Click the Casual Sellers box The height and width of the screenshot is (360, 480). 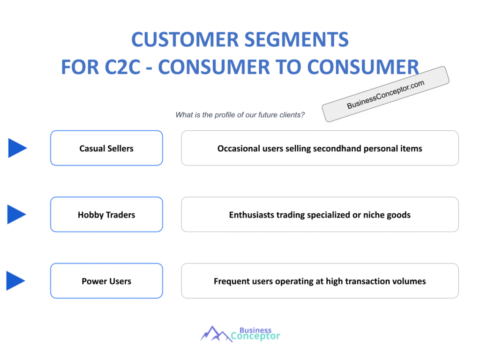pos(106,148)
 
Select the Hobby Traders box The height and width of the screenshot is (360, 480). pos(106,215)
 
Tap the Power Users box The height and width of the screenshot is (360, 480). pos(106,281)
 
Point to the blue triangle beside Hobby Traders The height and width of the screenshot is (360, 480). pos(16,214)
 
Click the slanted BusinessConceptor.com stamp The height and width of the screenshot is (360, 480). pos(385,94)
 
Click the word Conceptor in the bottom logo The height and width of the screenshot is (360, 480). pos(256,336)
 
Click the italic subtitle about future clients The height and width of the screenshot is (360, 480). pos(240,115)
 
